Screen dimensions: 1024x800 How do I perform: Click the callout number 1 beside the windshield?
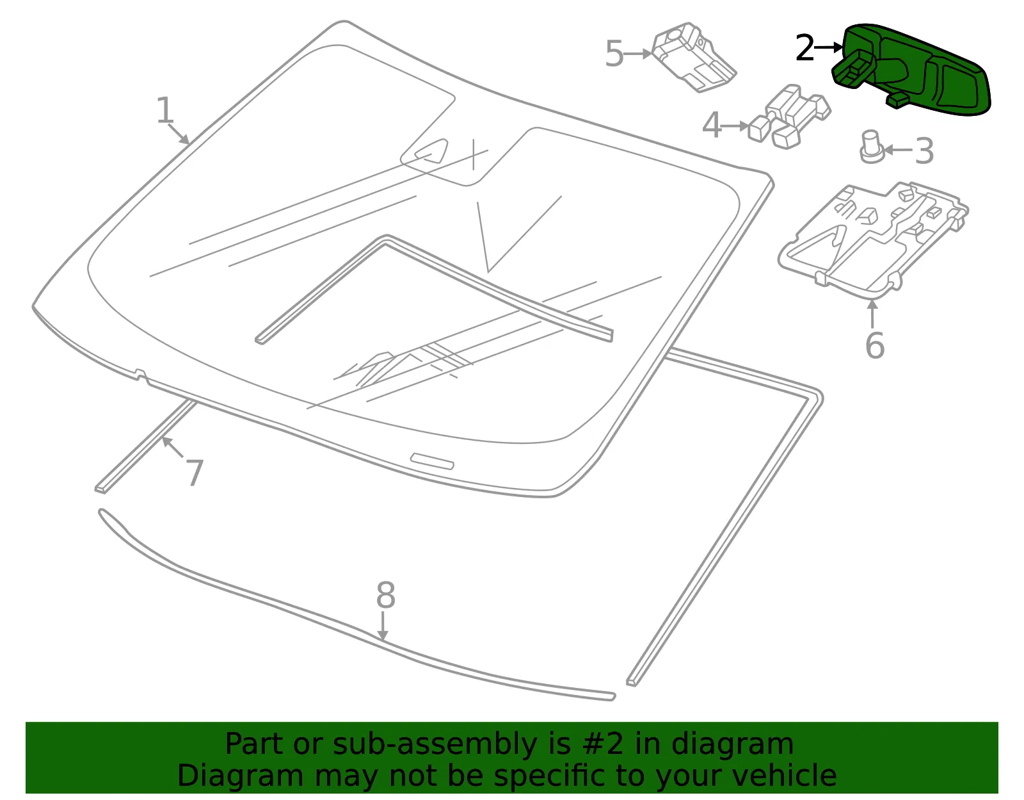[164, 110]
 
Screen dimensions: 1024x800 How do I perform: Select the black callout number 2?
[804, 47]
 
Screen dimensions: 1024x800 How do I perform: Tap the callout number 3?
[924, 151]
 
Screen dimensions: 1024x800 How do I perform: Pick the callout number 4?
[712, 126]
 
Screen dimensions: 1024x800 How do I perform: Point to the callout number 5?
[614, 53]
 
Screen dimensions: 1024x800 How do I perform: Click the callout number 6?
[875, 345]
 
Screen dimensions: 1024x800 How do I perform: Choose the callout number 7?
[195, 473]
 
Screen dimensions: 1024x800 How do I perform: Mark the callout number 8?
[385, 594]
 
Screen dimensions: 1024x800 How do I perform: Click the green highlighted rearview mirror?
[909, 69]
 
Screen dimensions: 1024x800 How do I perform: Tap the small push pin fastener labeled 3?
[871, 147]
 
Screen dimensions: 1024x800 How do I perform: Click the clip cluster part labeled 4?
[789, 117]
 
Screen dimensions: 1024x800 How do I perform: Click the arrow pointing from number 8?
[383, 626]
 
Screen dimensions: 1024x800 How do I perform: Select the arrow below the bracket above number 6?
[872, 313]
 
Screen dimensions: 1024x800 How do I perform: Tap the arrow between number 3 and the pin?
[898, 151]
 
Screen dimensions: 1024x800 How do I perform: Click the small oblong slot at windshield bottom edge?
[432, 461]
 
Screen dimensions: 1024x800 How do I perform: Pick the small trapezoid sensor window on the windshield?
[431, 151]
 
